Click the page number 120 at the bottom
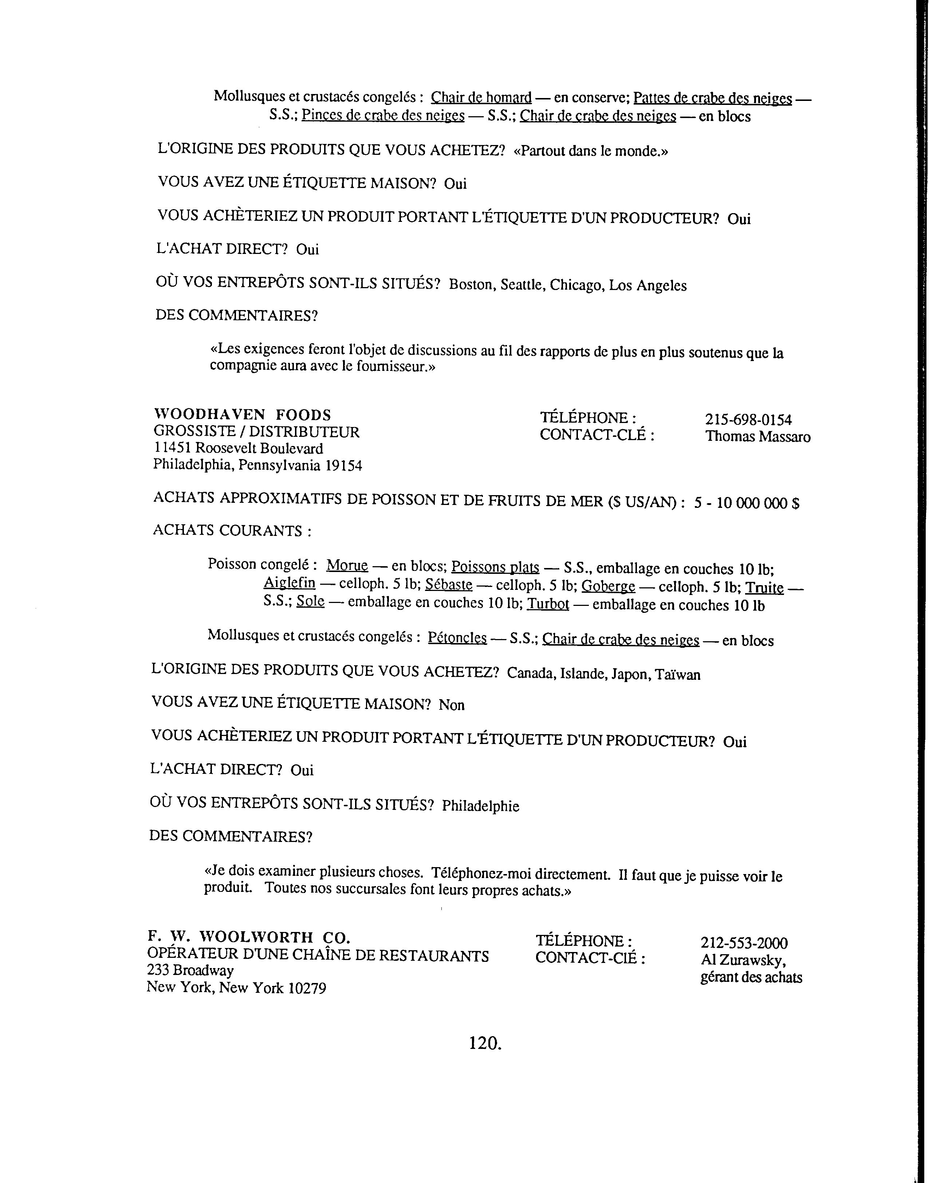[x=484, y=1043]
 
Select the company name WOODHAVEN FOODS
[x=242, y=415]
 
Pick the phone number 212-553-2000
[x=744, y=943]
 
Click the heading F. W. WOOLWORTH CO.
[x=249, y=937]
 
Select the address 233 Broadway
[x=190, y=970]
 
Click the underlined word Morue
[x=347, y=565]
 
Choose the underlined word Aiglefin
[x=290, y=583]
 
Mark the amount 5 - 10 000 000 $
[x=746, y=503]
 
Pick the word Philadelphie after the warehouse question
[x=480, y=806]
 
